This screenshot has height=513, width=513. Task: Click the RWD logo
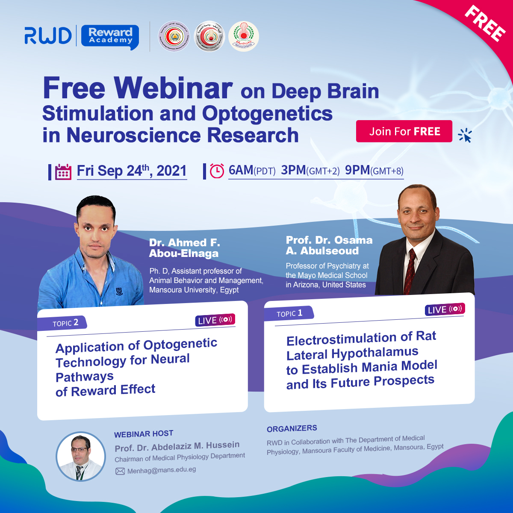(48, 36)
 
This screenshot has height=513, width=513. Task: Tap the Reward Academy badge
(110, 36)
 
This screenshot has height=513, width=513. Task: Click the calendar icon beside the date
(63, 171)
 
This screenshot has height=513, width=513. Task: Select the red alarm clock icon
(217, 171)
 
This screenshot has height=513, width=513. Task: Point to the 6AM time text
(241, 170)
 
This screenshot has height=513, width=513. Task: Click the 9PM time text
(357, 170)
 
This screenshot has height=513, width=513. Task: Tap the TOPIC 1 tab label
(289, 313)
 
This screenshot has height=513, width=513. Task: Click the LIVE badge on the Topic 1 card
(445, 309)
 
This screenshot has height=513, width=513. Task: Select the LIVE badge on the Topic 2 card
(215, 320)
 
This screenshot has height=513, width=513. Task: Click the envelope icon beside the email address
(120, 471)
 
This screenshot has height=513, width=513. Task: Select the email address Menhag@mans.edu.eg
(162, 470)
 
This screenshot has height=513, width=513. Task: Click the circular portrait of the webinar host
(81, 456)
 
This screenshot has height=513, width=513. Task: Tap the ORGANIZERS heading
(292, 428)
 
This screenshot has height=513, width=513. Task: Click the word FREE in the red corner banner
(485, 24)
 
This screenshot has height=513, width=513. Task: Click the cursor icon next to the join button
(465, 136)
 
